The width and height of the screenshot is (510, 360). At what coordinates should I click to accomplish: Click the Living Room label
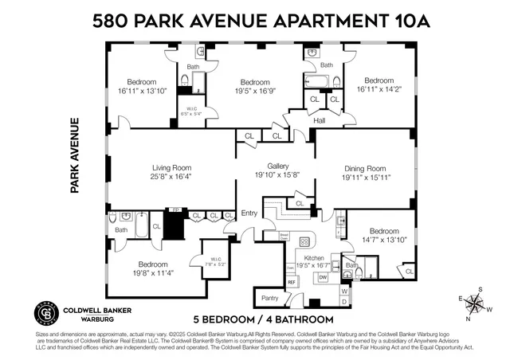tap(172, 167)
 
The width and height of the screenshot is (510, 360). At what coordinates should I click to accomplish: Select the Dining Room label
tap(365, 168)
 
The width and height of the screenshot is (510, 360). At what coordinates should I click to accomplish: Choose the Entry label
tap(249, 213)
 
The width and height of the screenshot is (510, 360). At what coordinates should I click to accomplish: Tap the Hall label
tap(320, 121)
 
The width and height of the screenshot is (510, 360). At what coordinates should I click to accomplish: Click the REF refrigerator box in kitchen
tap(292, 282)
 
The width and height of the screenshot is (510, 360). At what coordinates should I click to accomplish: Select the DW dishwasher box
tap(323, 277)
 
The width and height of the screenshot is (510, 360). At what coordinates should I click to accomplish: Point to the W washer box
tap(345, 291)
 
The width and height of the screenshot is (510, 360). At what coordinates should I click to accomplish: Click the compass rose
tap(476, 302)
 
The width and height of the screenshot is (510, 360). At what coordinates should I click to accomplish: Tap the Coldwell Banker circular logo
tap(44, 313)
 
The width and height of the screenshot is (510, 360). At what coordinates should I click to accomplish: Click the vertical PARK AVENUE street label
tap(76, 156)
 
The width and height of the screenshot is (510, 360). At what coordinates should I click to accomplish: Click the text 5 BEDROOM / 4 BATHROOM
tap(264, 319)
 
